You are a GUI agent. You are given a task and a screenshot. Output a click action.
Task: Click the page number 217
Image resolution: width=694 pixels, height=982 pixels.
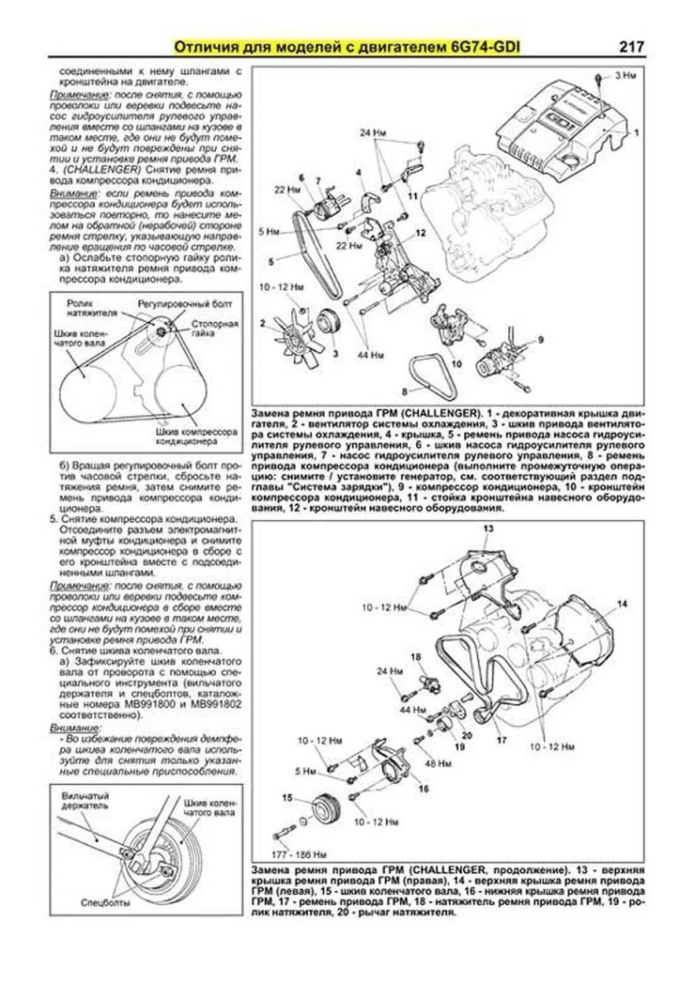point(631,47)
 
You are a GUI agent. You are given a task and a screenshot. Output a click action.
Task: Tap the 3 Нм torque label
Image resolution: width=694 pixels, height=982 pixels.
point(625,75)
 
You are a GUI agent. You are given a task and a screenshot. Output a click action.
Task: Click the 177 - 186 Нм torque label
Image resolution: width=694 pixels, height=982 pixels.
point(300,854)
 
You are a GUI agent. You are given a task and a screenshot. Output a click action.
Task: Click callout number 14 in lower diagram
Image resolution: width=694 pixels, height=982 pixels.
point(622,604)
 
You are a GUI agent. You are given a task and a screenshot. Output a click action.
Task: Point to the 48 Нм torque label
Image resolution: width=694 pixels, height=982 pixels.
point(438,763)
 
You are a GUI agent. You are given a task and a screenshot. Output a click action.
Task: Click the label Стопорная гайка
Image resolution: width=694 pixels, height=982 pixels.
point(215,329)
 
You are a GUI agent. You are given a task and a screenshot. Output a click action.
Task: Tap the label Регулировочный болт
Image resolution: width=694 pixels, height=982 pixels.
point(184,304)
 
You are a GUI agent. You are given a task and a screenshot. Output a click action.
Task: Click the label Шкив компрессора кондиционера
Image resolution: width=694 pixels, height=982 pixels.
point(196,436)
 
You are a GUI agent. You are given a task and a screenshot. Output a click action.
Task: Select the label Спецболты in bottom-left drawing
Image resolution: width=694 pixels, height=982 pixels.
point(105,902)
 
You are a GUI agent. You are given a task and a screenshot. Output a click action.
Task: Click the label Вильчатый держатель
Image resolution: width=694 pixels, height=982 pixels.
point(85,801)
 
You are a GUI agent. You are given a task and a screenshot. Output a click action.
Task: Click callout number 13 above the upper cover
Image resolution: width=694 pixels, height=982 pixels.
point(489,528)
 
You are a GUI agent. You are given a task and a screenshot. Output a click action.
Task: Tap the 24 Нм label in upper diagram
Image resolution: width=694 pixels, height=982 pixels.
point(372,133)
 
